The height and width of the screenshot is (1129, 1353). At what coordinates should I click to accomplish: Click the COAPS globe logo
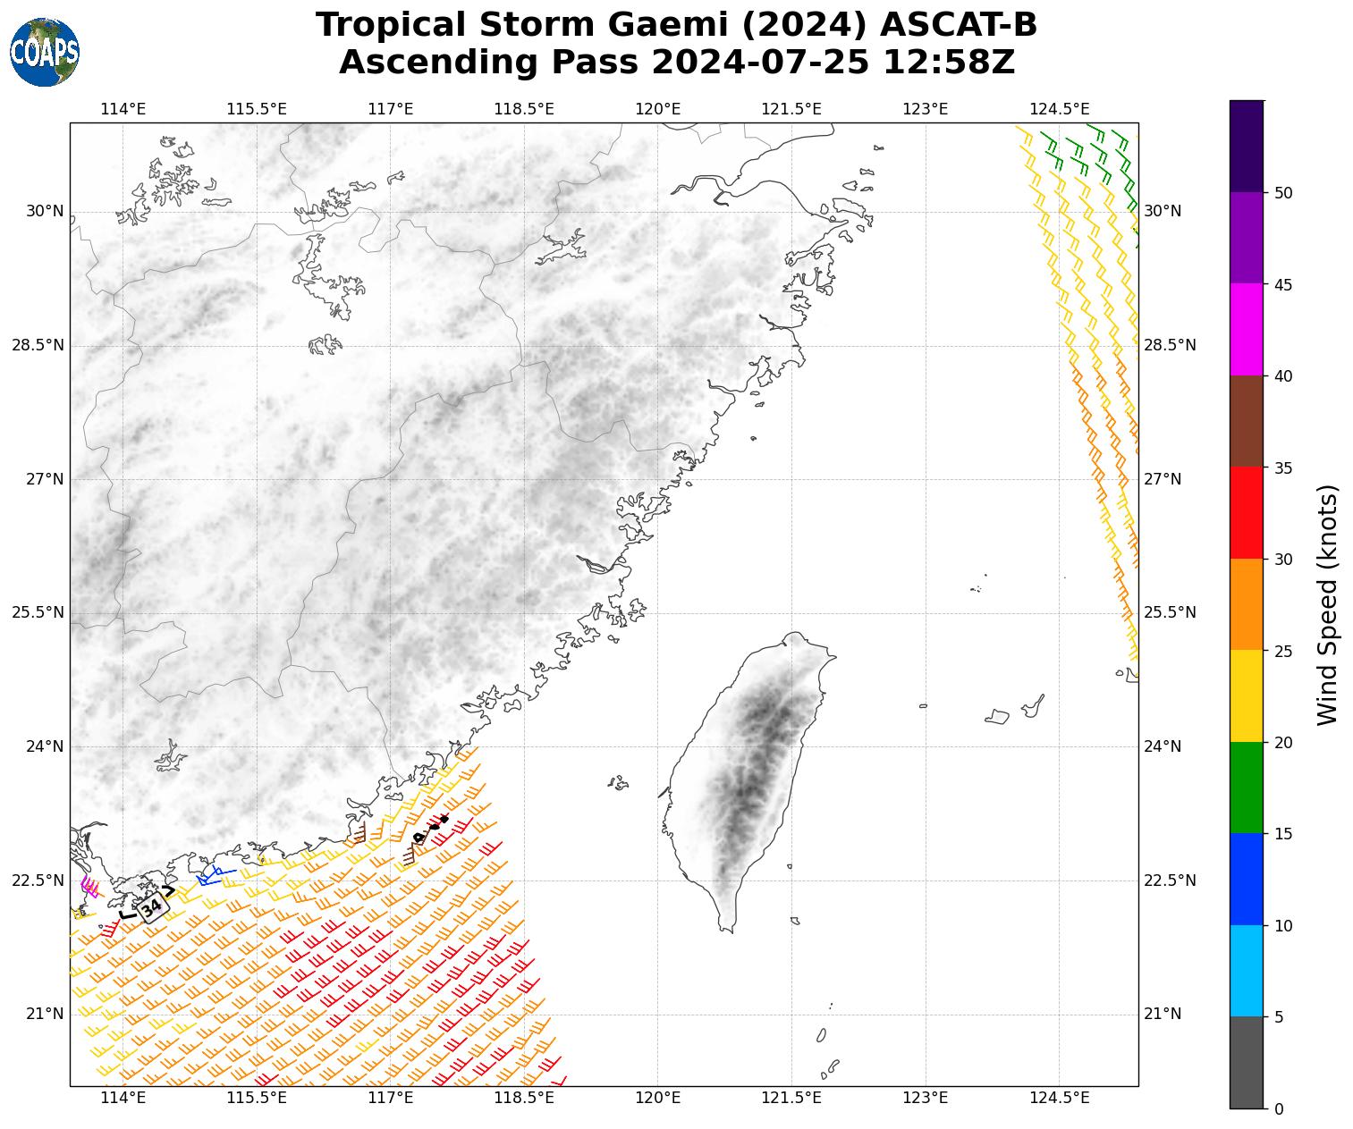[x=45, y=52]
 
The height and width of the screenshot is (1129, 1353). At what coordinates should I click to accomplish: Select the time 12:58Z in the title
[x=948, y=63]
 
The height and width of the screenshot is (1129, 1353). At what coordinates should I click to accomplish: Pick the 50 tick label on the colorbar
[x=1283, y=193]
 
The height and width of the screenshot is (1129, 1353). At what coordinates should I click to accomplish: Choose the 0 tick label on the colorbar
[x=1279, y=1109]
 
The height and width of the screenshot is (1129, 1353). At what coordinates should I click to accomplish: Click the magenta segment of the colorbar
[x=1247, y=330]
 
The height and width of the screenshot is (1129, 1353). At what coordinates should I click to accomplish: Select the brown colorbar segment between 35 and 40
[x=1247, y=421]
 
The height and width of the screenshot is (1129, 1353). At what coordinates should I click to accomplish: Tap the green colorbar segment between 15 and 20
[x=1247, y=788]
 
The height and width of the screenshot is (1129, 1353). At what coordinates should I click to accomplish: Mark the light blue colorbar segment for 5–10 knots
[x=1247, y=971]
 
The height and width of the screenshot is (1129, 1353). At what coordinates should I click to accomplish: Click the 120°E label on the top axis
[x=658, y=109]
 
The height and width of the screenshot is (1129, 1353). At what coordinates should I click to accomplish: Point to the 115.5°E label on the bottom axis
[x=257, y=1098]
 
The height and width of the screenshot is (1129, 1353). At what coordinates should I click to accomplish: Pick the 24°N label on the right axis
[x=1163, y=746]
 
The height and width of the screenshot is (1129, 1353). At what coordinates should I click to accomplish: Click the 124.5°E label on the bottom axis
[x=1060, y=1098]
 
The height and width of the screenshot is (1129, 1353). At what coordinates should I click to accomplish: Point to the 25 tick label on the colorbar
[x=1283, y=651]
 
